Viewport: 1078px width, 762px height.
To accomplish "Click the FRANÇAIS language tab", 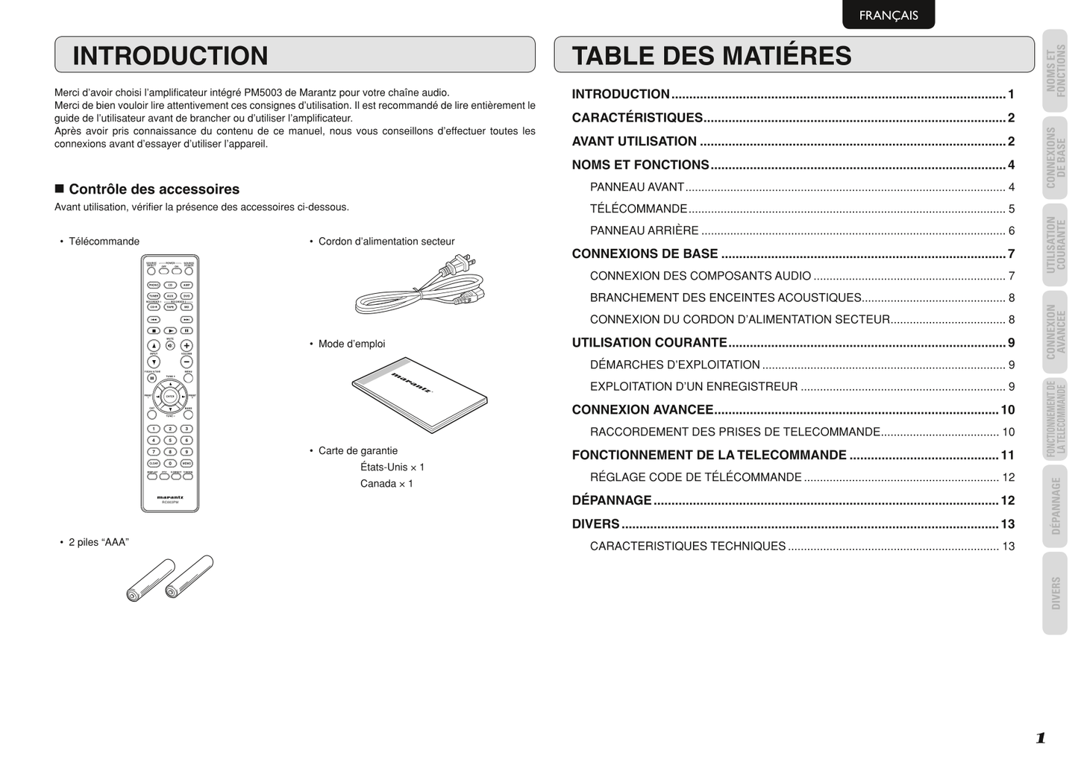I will click(888, 15).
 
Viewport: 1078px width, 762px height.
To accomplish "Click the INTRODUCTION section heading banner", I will click(295, 55).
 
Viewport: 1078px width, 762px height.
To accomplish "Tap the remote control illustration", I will click(170, 383).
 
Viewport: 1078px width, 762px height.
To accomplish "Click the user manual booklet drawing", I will click(419, 394).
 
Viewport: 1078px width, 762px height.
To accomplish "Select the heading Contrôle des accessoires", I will click(154, 189).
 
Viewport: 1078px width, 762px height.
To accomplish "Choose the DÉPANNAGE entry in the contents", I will click(612, 500).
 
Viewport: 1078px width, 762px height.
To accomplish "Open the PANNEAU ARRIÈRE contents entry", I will click(645, 231).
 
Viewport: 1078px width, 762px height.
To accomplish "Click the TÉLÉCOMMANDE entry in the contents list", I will click(639, 209).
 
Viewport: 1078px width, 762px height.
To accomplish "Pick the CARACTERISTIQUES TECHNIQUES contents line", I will click(688, 547).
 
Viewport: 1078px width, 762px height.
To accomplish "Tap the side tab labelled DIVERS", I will click(1055, 593).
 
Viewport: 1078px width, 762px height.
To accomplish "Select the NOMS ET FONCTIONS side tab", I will click(1055, 71).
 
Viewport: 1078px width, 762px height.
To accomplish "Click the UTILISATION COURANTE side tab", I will click(1055, 245).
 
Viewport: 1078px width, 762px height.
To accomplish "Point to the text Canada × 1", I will click(386, 484).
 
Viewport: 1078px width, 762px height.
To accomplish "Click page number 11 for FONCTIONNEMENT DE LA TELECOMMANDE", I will click(1007, 455).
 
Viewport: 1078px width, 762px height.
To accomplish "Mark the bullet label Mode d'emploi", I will click(351, 344).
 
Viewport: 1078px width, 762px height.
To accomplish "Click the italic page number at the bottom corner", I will click(1040, 738).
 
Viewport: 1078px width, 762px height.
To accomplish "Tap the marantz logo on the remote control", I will click(170, 497).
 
